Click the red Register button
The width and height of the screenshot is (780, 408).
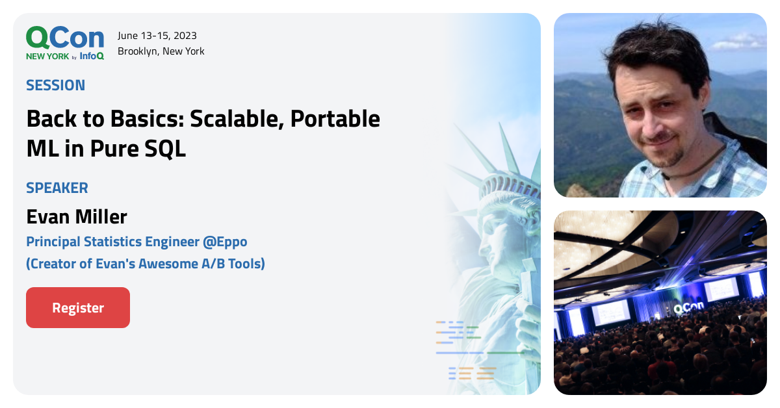tap(78, 308)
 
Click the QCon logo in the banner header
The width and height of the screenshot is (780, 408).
tap(64, 38)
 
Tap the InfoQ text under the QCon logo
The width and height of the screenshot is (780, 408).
tap(92, 57)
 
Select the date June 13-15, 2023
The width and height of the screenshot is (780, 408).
tap(157, 36)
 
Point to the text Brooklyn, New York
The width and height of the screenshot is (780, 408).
tap(161, 51)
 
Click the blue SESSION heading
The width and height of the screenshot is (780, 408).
tap(56, 85)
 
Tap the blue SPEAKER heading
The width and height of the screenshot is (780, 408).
tap(57, 188)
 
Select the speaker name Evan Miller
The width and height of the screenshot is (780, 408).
tap(77, 216)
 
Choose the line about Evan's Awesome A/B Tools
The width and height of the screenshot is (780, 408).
tap(146, 264)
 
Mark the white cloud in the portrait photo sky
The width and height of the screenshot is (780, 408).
tap(741, 43)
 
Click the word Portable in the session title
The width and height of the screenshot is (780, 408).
tap(335, 119)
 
